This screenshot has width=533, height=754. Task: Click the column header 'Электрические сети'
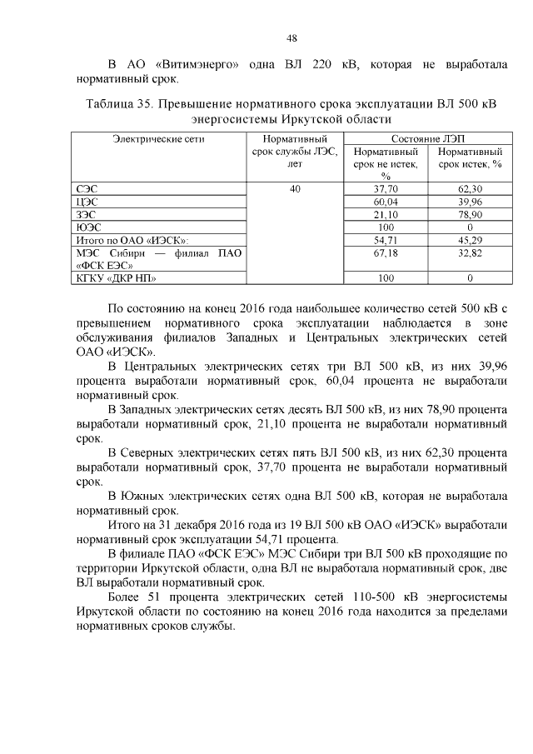(158, 139)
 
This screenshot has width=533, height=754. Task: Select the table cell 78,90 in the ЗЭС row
(470, 214)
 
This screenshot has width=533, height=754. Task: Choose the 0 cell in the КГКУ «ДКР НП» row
(470, 277)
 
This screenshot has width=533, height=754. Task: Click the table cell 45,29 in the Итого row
(470, 239)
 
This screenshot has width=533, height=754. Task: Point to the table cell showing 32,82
(470, 252)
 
